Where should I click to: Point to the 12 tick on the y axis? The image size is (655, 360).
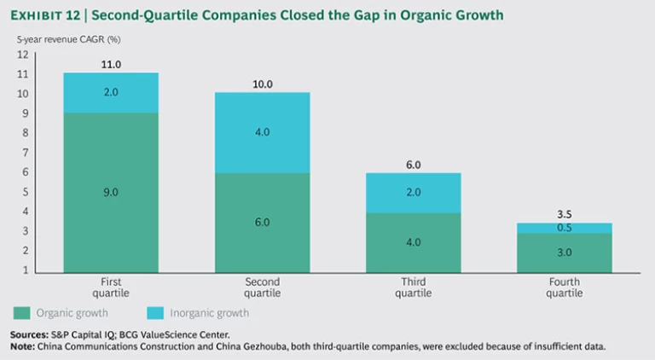tap(23, 55)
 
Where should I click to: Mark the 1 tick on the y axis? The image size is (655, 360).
tap(25, 270)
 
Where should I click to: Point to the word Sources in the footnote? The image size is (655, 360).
tap(28, 334)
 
